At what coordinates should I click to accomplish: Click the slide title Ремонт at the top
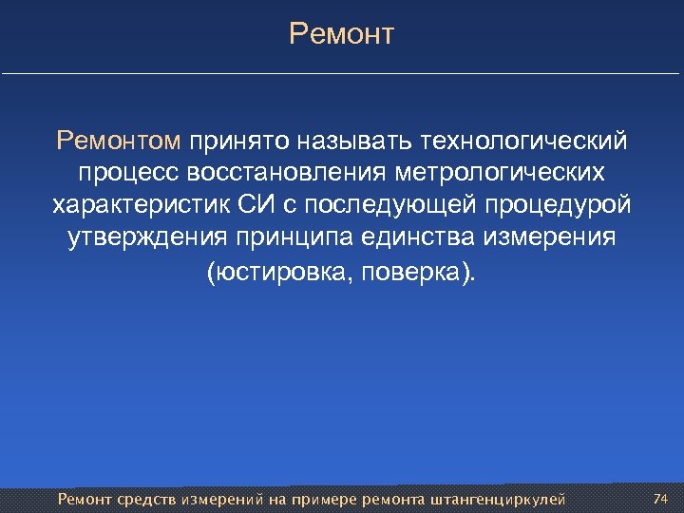coord(341,35)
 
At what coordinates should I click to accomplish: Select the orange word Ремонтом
coord(118,142)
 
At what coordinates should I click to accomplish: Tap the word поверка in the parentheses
coord(410,272)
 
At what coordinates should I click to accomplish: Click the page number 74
coord(661,498)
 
